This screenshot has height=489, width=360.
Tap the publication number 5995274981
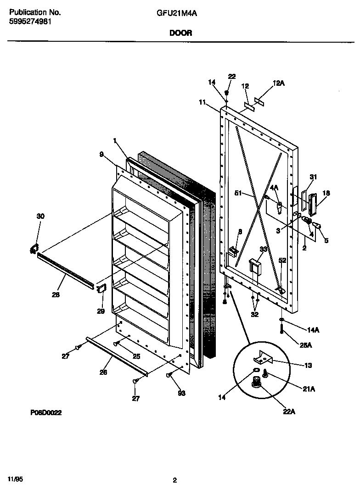pyautogui.click(x=30, y=21)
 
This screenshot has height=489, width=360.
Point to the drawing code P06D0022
pyautogui.click(x=46, y=413)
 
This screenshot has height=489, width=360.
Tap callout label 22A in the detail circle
pyautogui.click(x=289, y=412)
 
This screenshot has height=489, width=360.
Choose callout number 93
pyautogui.click(x=182, y=394)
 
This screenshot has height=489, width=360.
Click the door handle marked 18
pyautogui.click(x=313, y=204)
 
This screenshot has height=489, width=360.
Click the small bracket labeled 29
pyautogui.click(x=101, y=288)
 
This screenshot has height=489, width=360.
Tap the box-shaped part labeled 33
pyautogui.click(x=254, y=267)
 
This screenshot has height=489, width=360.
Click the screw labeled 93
pyautogui.click(x=169, y=376)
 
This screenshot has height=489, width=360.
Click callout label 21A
pyautogui.click(x=309, y=389)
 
